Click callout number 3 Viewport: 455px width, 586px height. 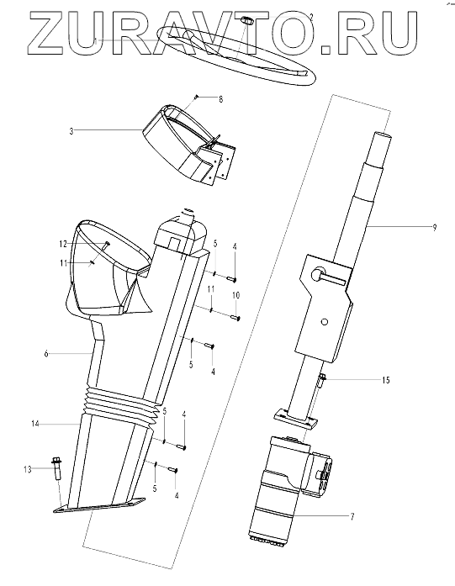click(x=71, y=131)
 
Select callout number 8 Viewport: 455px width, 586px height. click(x=220, y=99)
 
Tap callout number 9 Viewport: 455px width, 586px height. click(x=434, y=227)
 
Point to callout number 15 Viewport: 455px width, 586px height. click(x=386, y=380)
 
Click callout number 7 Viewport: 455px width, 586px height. click(x=352, y=517)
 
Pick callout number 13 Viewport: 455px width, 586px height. click(x=27, y=469)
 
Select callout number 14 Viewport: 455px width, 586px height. click(x=35, y=424)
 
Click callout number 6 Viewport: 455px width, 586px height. click(x=46, y=354)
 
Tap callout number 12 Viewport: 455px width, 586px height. click(x=63, y=244)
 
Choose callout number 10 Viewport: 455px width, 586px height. click(x=236, y=295)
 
